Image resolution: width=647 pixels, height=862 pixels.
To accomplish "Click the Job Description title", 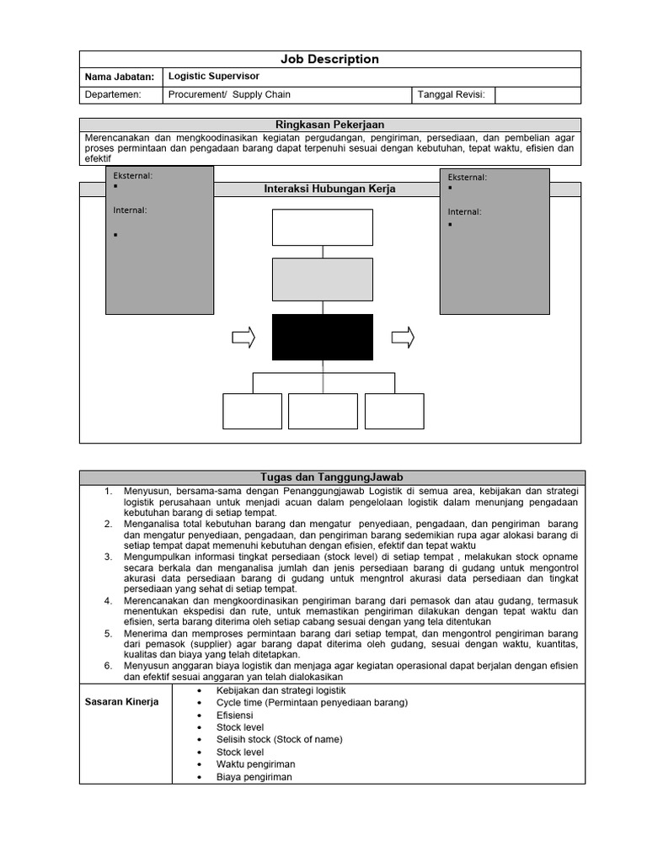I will click(x=329, y=59).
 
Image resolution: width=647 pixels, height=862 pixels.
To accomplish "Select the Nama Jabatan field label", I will click(x=120, y=77).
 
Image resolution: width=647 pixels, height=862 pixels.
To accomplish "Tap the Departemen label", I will click(x=113, y=95).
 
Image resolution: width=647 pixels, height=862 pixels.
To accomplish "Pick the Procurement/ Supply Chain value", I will click(x=229, y=95).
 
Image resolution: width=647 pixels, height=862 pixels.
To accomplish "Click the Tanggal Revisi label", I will click(x=452, y=95).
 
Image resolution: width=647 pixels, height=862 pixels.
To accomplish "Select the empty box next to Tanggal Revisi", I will click(x=537, y=95).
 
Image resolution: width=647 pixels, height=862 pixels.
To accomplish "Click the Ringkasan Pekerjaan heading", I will click(x=329, y=125).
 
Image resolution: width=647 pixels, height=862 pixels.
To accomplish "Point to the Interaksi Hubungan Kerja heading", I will click(x=329, y=189).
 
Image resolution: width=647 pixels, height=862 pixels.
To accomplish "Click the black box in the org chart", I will click(x=322, y=337).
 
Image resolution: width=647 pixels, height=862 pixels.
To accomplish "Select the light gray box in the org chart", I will click(x=322, y=279).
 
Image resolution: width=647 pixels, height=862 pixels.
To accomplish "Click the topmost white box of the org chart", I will click(x=322, y=227).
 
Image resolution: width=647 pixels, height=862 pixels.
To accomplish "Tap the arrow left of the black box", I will click(x=243, y=338).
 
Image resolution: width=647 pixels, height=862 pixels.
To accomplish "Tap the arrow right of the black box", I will click(x=403, y=338).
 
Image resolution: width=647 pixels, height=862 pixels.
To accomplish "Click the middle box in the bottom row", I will click(x=323, y=411).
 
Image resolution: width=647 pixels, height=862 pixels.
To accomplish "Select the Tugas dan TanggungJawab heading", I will click(x=329, y=477).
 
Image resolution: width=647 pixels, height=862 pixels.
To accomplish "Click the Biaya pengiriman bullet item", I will click(x=254, y=777).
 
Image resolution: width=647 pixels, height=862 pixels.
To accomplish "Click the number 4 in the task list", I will click(x=108, y=600).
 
